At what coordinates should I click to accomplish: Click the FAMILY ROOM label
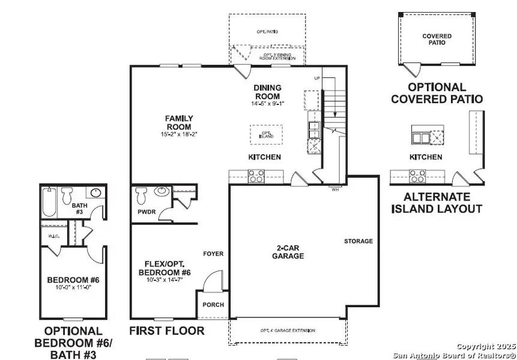179,122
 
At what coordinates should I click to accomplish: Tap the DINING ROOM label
268,92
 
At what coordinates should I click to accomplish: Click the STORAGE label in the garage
358,241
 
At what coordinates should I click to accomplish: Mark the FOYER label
213,254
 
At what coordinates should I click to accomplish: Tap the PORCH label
213,305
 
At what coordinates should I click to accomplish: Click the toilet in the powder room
142,195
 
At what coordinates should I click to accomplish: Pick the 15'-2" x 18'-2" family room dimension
179,133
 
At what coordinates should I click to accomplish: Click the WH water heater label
335,190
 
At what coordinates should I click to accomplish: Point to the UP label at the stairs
317,79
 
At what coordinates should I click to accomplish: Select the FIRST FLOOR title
167,331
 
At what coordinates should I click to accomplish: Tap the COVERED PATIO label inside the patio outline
437,40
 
